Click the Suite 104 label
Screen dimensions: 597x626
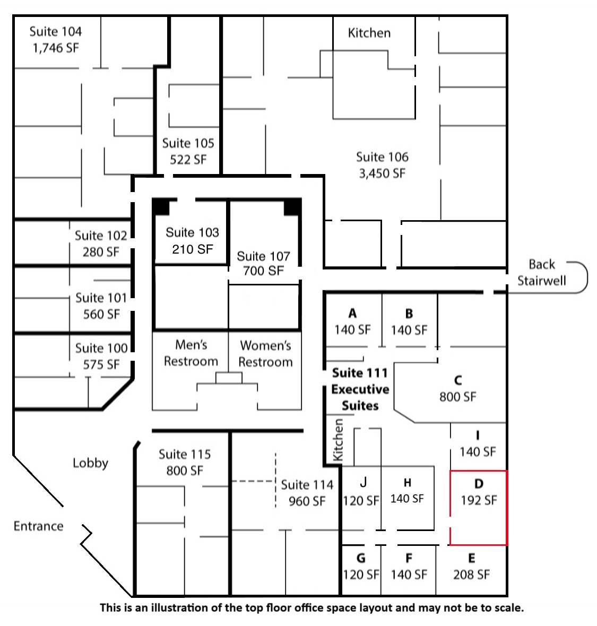click(x=56, y=31)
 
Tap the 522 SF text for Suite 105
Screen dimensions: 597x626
click(x=188, y=160)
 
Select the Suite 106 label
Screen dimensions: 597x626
click(x=382, y=157)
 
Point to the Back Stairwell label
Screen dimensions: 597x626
click(x=542, y=272)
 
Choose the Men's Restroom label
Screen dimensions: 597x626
click(x=191, y=353)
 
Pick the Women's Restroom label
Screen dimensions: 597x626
click(x=265, y=354)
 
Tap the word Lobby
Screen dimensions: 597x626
click(x=90, y=463)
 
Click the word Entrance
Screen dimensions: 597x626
click(x=38, y=526)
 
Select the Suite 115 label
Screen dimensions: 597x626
click(x=185, y=454)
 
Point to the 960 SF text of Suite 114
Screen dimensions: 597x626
click(x=307, y=501)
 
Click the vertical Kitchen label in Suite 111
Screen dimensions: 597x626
click(x=338, y=440)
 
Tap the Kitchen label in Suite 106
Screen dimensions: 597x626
click(x=369, y=33)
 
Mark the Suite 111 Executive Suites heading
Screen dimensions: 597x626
click(x=360, y=389)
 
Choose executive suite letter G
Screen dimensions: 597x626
click(x=361, y=558)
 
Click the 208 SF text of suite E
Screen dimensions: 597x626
click(x=471, y=575)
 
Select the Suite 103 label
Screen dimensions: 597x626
click(x=193, y=232)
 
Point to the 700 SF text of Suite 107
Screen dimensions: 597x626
click(x=264, y=271)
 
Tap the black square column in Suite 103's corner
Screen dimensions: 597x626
click(x=161, y=207)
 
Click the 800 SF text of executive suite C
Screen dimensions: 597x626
click(x=457, y=397)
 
